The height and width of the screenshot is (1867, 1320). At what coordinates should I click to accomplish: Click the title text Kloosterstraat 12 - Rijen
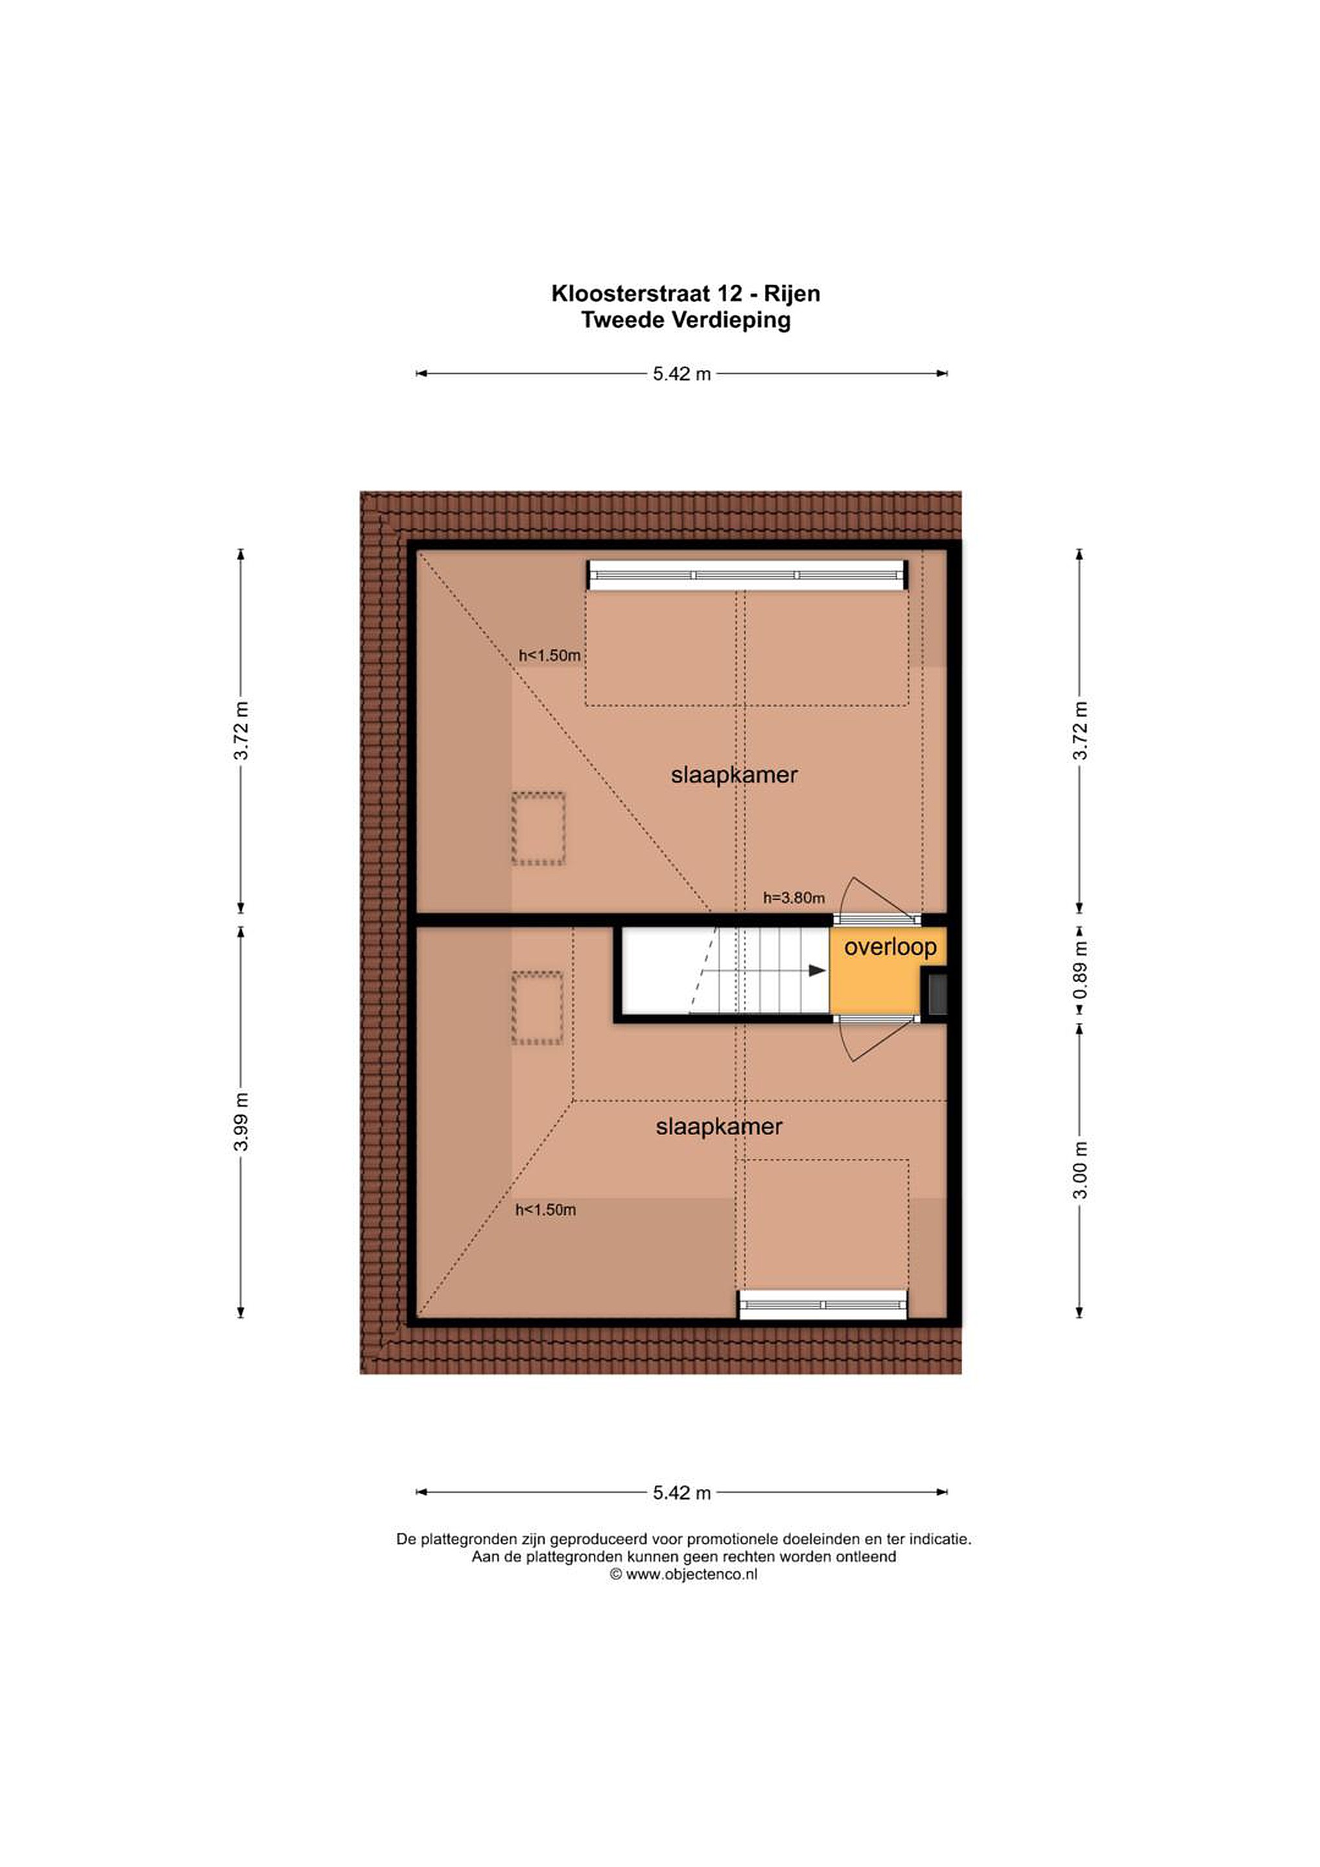point(686,294)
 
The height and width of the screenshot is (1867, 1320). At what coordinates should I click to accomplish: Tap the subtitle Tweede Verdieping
point(686,320)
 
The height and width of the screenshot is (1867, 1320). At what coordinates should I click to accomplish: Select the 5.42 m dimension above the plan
point(681,374)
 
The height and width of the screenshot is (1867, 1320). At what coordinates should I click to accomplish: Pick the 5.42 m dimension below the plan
point(681,1493)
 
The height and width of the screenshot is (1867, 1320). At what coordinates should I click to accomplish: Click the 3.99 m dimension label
point(241,1121)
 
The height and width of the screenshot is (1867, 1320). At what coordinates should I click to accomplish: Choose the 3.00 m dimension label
point(1080,1169)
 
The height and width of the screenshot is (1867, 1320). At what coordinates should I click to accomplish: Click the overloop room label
point(891,946)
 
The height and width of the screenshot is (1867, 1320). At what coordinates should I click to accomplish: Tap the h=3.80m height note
point(794,898)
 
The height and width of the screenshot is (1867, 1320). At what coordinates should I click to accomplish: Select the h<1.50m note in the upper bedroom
point(550,655)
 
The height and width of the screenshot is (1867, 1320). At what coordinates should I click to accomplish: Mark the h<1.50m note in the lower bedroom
point(546,1210)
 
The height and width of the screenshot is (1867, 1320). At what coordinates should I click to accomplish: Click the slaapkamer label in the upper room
point(735,775)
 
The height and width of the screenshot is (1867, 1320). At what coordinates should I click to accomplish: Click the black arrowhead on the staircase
point(818,970)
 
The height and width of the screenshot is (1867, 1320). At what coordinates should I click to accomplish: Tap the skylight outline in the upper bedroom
point(538,828)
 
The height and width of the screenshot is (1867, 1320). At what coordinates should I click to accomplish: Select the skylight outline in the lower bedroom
point(537,1008)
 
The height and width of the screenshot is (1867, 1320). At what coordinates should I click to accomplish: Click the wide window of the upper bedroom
point(748,575)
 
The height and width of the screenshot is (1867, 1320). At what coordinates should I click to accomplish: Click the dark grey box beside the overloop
point(936,992)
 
